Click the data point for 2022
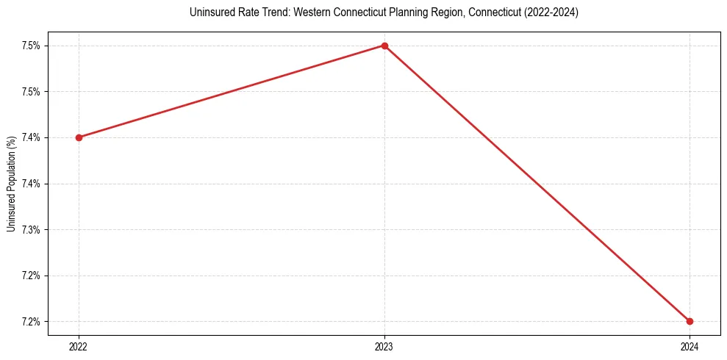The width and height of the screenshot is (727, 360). [x=79, y=137]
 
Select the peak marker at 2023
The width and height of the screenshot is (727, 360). [x=384, y=46]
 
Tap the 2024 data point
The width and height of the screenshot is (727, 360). [x=690, y=321]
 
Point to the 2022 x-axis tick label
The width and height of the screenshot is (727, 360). [x=79, y=345]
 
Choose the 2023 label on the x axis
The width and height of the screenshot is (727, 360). [x=384, y=345]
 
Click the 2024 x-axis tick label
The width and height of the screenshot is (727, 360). [x=690, y=345]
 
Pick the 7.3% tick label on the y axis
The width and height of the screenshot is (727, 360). [x=30, y=229]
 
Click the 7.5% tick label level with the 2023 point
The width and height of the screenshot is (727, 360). [x=30, y=46]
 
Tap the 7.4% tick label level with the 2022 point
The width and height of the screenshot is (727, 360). [x=30, y=137]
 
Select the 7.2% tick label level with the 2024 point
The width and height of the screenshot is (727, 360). [x=30, y=321]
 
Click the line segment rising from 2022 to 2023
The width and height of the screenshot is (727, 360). [x=232, y=92]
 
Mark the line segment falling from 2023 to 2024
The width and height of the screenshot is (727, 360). [x=537, y=183]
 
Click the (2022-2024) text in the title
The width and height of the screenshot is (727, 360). [x=552, y=13]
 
